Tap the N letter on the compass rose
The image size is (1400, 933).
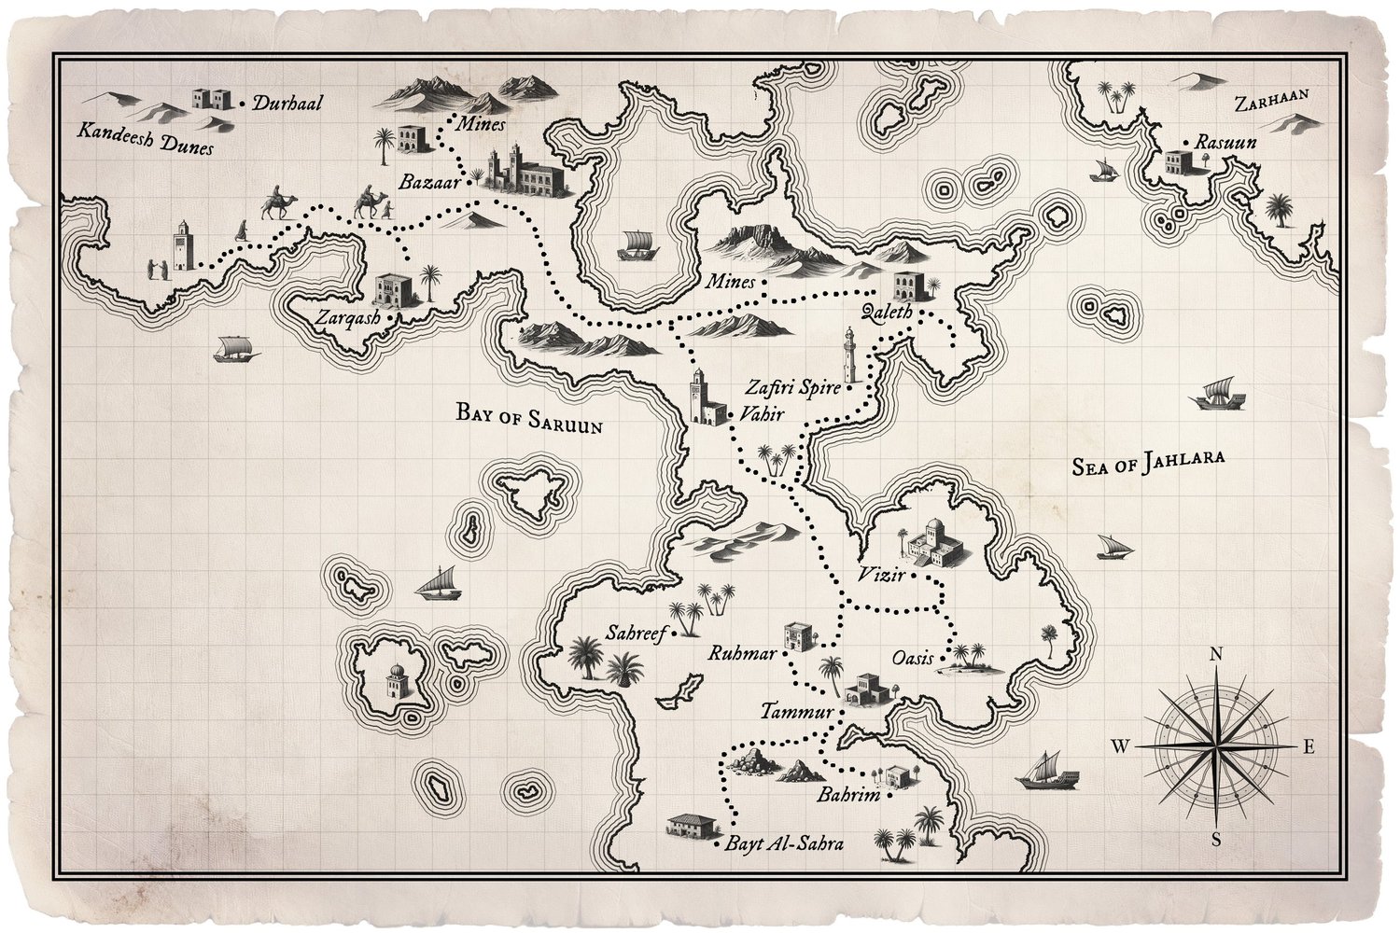(x=1216, y=655)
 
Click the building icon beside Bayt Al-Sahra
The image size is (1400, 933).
(x=692, y=826)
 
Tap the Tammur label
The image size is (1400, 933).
(x=796, y=711)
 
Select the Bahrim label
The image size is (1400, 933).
(x=847, y=796)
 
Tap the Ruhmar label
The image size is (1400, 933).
(x=742, y=653)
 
